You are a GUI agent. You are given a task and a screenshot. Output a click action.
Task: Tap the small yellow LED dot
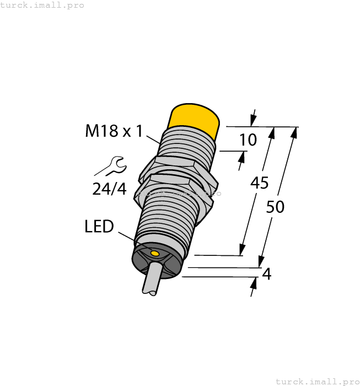pyautogui.click(x=155, y=254)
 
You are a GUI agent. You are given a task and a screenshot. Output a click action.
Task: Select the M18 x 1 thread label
pyautogui.click(x=114, y=131)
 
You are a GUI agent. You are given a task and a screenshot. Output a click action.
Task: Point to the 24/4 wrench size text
pyautogui.click(x=109, y=189)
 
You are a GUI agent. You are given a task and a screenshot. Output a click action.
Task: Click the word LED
pyautogui.click(x=99, y=226)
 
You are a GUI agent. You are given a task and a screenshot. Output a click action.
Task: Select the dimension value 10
pyautogui.click(x=248, y=140)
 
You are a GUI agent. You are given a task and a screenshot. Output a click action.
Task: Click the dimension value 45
pyautogui.click(x=260, y=183)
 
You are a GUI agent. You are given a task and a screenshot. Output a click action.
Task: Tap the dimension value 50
pyautogui.click(x=275, y=207)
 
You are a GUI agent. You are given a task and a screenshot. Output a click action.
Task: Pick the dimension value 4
pyautogui.click(x=267, y=274)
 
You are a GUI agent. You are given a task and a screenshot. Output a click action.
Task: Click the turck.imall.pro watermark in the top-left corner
pyautogui.click(x=42, y=5)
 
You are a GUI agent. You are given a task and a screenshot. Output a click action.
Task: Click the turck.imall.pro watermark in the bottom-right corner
pyautogui.click(x=317, y=381)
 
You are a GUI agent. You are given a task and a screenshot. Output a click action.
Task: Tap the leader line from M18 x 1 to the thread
pyautogui.click(x=152, y=137)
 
